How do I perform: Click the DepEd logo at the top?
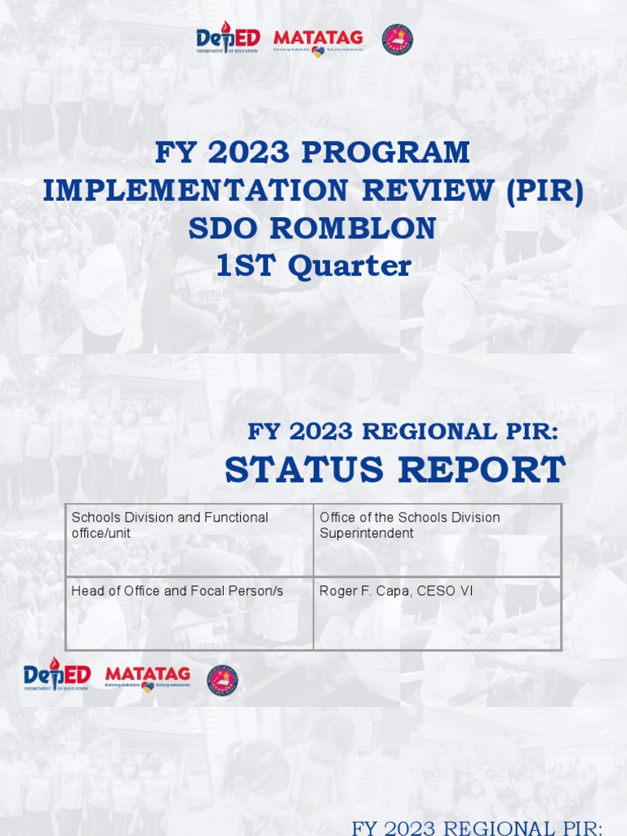(227, 39)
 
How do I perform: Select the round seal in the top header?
(398, 39)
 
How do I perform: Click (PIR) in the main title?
(545, 191)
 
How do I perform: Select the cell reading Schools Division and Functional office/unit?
(189, 540)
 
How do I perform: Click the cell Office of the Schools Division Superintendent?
(437, 540)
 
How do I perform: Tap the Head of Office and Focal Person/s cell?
(189, 613)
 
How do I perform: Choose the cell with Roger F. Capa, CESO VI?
(437, 613)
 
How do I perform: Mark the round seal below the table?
(222, 680)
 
